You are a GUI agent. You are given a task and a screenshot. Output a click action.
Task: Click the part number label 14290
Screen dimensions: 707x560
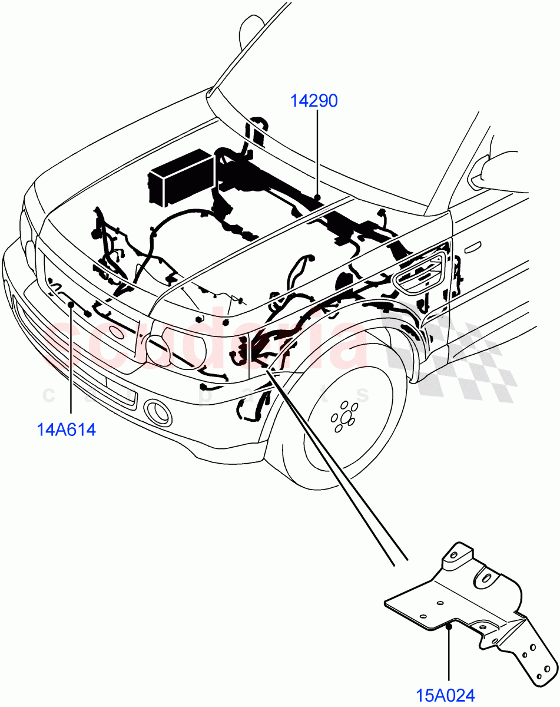[314, 101]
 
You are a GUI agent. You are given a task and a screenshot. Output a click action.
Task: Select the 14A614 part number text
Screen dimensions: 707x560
[67, 430]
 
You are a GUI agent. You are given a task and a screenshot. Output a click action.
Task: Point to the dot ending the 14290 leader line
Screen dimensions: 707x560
[317, 196]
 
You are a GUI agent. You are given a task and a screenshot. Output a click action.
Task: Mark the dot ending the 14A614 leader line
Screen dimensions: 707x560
[71, 304]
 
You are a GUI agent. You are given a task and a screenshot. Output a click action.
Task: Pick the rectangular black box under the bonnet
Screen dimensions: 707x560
[181, 177]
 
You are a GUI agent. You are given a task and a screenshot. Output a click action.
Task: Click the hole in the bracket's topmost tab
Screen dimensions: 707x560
[453, 555]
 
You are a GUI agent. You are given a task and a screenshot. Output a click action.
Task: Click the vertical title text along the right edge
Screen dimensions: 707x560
[554, 353]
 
